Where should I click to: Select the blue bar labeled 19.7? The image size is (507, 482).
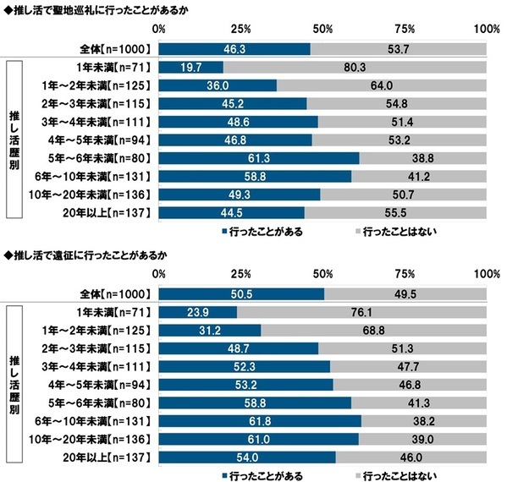pyautogui.click(x=190, y=67)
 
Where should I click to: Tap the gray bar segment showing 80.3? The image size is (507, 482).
pyautogui.click(x=355, y=67)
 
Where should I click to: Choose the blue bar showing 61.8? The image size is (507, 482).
pyautogui.click(x=259, y=421)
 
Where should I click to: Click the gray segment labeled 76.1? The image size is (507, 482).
pyautogui.click(x=361, y=312)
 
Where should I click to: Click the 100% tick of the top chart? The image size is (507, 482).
pyautogui.click(x=486, y=29)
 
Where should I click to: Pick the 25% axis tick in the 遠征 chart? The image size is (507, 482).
pyautogui.click(x=240, y=274)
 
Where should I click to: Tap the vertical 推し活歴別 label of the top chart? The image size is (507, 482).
pyautogui.click(x=14, y=140)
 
